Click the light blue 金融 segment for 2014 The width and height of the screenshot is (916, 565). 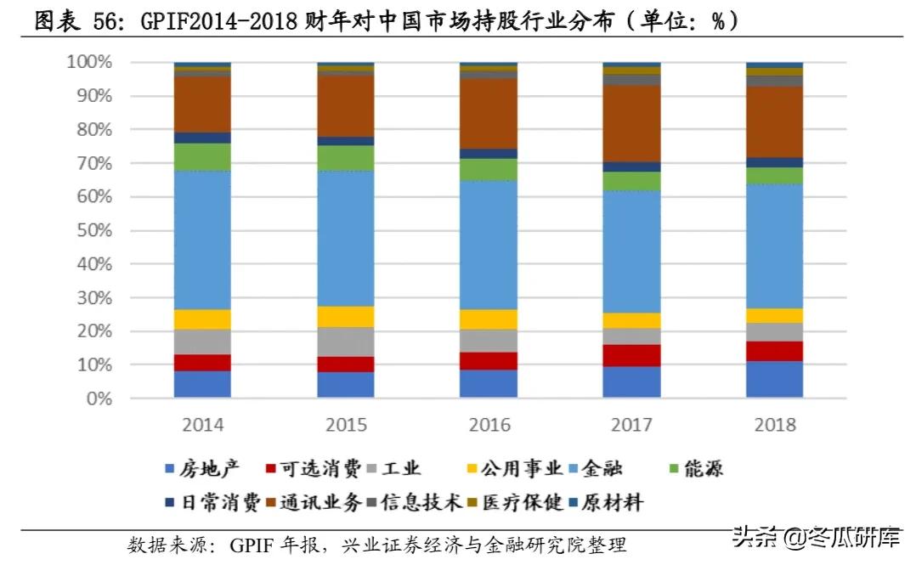[x=202, y=240]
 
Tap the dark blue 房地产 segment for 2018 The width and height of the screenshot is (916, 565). [x=774, y=379]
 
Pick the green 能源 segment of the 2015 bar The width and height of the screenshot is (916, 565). [x=345, y=157]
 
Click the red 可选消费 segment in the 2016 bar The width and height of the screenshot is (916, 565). [x=489, y=360]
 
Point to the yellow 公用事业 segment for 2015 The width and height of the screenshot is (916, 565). [x=345, y=316]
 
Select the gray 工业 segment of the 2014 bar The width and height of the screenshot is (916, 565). [x=202, y=342]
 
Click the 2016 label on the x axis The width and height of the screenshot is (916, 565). [x=489, y=425]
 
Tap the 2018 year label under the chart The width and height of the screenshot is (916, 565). [x=774, y=425]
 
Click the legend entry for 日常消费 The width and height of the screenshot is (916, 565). [x=210, y=502]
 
